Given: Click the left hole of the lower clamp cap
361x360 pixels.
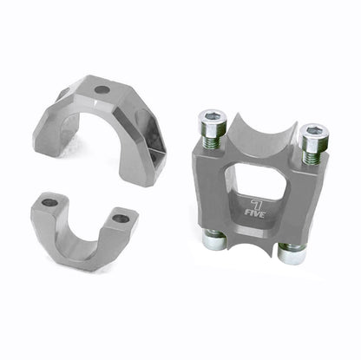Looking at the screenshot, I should coord(49,202).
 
